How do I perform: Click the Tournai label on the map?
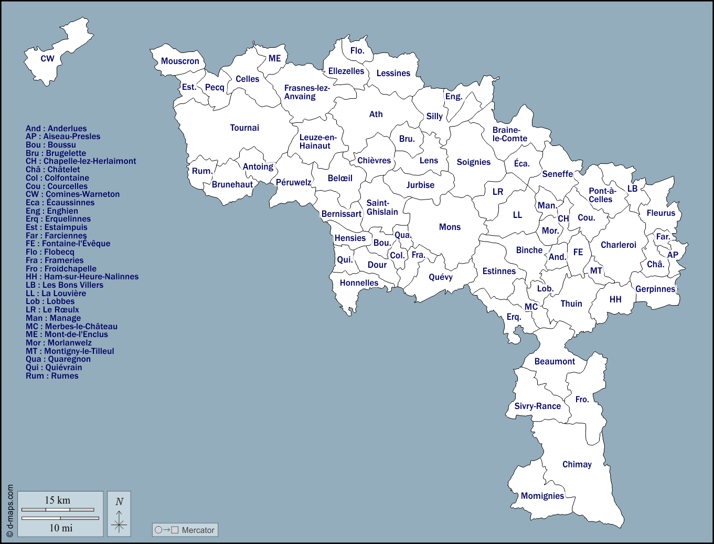pyautogui.click(x=244, y=128)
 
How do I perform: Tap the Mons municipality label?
pyautogui.click(x=450, y=227)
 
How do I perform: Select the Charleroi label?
pyautogui.click(x=618, y=245)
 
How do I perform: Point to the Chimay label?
pyautogui.click(x=577, y=464)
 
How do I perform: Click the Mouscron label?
pyautogui.click(x=180, y=61)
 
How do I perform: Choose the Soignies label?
pyautogui.click(x=473, y=162)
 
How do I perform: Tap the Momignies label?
pyautogui.click(x=542, y=496)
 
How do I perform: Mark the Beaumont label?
pyautogui.click(x=555, y=361)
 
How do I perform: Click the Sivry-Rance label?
pyautogui.click(x=537, y=406)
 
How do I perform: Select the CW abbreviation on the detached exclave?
pyautogui.click(x=47, y=58)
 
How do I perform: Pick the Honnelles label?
pyautogui.click(x=359, y=283)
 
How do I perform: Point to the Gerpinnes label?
pyautogui.click(x=655, y=289)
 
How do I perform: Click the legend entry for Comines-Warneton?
pyautogui.click(x=72, y=194)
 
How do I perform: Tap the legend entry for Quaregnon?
pyautogui.click(x=58, y=359)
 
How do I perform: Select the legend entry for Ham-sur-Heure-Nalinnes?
pyautogui.click(x=82, y=277)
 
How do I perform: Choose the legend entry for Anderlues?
pyautogui.click(x=56, y=129)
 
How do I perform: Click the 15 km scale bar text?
pyautogui.click(x=57, y=500)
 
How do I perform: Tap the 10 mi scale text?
pyautogui.click(x=61, y=528)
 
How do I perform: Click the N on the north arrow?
pyautogui.click(x=119, y=501)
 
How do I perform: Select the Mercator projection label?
pyautogui.click(x=198, y=530)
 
